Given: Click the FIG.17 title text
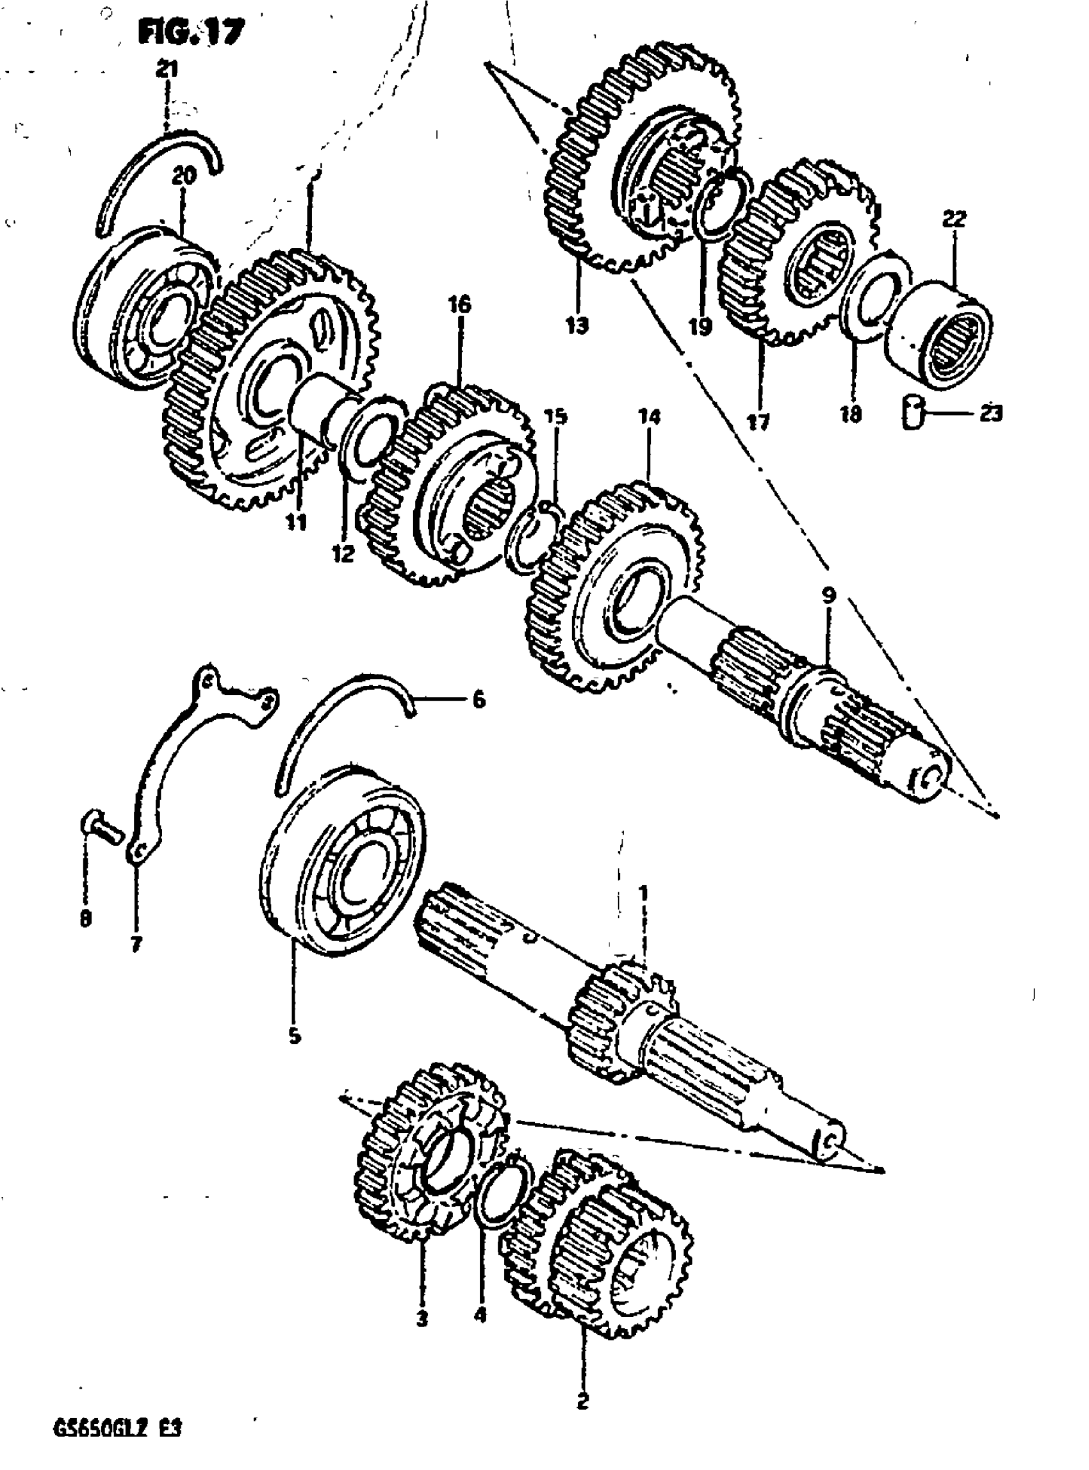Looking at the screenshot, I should pyautogui.click(x=191, y=31).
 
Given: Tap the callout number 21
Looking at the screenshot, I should pyautogui.click(x=167, y=69).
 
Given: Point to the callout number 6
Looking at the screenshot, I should pyautogui.click(x=479, y=699).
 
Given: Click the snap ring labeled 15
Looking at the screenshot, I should pyautogui.click(x=532, y=537).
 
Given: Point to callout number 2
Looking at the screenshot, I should pyautogui.click(x=582, y=1398).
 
